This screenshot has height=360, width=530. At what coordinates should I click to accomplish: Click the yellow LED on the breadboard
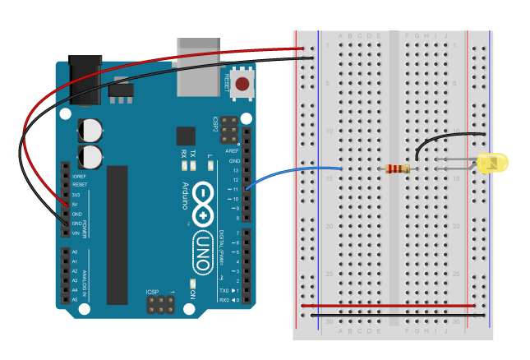(493, 162)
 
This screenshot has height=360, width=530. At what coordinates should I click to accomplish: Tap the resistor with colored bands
(398, 169)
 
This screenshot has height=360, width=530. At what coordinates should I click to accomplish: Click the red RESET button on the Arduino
(242, 83)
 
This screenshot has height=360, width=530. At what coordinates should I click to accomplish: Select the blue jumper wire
(288, 173)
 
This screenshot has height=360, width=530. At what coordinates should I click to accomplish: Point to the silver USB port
(198, 66)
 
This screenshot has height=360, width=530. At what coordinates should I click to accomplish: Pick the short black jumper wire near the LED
(444, 138)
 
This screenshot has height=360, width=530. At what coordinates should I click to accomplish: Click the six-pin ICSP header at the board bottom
(160, 304)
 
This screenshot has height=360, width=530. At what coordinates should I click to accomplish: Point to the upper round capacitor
(91, 130)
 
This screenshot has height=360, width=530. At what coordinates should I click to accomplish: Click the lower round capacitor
(91, 156)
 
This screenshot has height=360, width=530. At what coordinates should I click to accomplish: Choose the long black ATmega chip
(117, 234)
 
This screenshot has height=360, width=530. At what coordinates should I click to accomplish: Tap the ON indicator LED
(191, 284)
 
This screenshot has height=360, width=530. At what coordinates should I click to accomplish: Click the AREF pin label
(234, 151)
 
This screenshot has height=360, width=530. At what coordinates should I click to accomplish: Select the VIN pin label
(76, 233)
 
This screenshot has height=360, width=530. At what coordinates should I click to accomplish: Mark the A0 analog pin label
(75, 252)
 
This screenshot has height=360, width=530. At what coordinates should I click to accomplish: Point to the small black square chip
(186, 136)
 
